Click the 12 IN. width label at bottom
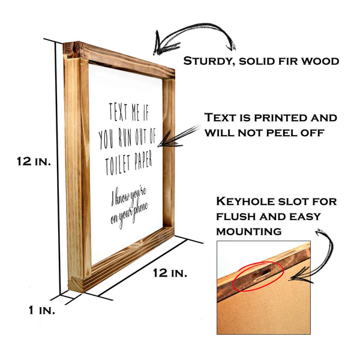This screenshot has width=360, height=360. click(170, 273)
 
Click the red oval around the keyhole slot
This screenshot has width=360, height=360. click(258, 275)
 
